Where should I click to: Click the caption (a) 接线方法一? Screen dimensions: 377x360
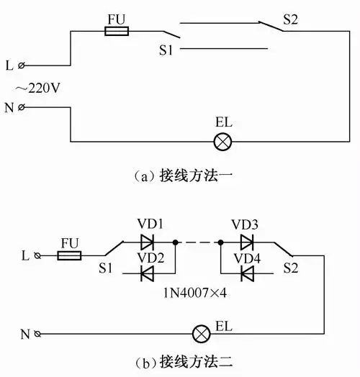click(181, 173)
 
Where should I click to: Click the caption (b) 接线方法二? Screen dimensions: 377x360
click(181, 362)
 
